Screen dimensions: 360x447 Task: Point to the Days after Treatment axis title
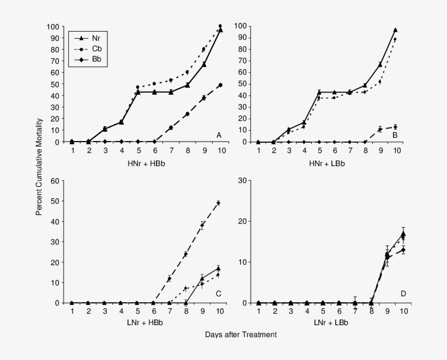[x=241, y=334]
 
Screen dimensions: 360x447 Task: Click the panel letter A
[x=219, y=135]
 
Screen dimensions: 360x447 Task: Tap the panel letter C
[x=218, y=294]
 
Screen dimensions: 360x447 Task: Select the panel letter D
[x=403, y=294]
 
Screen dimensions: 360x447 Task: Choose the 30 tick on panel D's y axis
[x=245, y=180]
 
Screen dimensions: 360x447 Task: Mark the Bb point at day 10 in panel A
[x=220, y=85]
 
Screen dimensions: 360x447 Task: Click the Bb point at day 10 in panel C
[x=218, y=203]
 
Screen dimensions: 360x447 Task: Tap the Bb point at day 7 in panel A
[x=171, y=127]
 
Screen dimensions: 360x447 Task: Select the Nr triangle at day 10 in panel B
[x=395, y=30]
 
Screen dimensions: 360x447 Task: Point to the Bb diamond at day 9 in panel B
[x=379, y=129]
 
